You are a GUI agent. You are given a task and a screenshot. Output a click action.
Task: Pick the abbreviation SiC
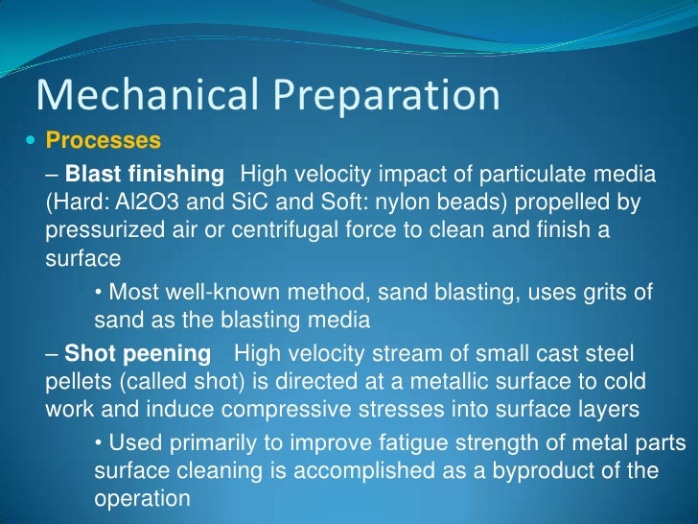click(228, 203)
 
